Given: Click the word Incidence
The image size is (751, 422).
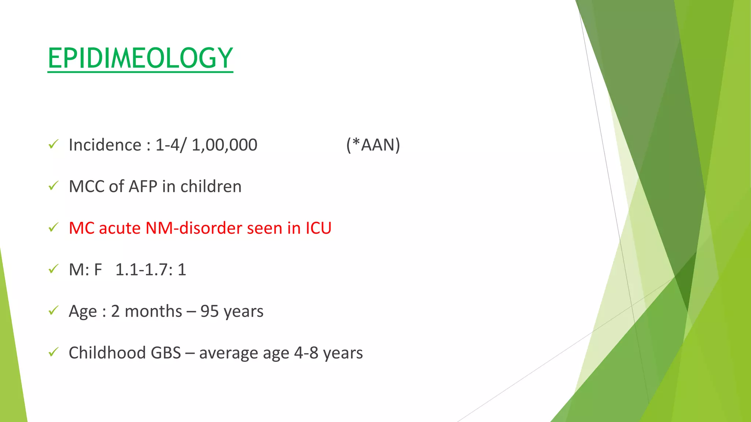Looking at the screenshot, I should pos(105,145).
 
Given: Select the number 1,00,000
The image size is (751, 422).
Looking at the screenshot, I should pos(224,145).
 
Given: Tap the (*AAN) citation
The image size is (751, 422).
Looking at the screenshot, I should pos(373,145).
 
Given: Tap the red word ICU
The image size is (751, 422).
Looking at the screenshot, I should pos(318,228).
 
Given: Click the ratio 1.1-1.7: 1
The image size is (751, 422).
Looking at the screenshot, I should pos(151,270).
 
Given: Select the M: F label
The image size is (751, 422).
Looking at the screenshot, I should pos(85,270).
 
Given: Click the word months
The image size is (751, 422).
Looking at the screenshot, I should pos(153,311).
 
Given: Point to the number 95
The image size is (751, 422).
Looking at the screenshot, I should pos(209,311).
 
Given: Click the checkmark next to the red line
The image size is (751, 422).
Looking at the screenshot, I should pos(54,227).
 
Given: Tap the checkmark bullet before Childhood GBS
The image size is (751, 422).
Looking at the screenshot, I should pos(54,352).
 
